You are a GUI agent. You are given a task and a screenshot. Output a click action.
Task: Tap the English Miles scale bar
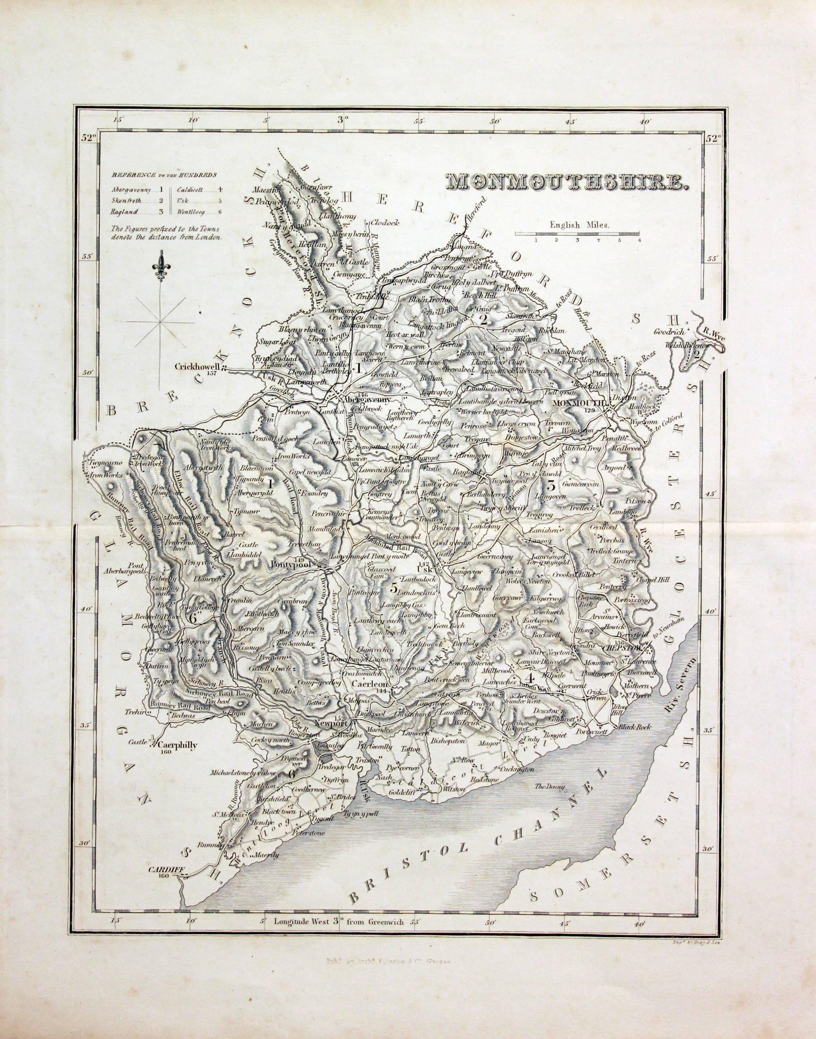point(577,233)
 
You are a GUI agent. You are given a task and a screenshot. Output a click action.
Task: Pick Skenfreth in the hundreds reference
point(126,200)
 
